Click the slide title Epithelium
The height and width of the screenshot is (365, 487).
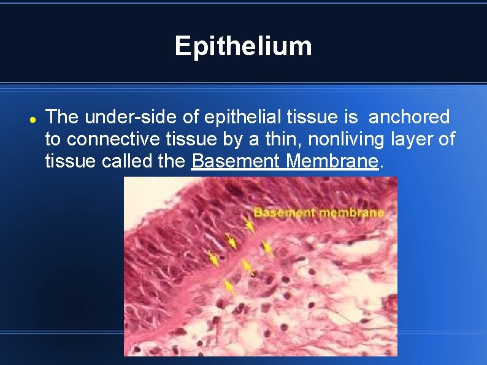243,46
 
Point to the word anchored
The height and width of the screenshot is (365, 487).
408,117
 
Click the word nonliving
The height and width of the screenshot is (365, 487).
347,140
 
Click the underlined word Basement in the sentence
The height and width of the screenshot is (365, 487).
236,162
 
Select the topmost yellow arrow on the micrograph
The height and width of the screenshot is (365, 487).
249,225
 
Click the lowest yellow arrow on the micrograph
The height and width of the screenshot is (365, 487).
229,286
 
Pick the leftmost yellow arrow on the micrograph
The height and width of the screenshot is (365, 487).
213,258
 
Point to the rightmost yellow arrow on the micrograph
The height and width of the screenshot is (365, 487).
267,248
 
